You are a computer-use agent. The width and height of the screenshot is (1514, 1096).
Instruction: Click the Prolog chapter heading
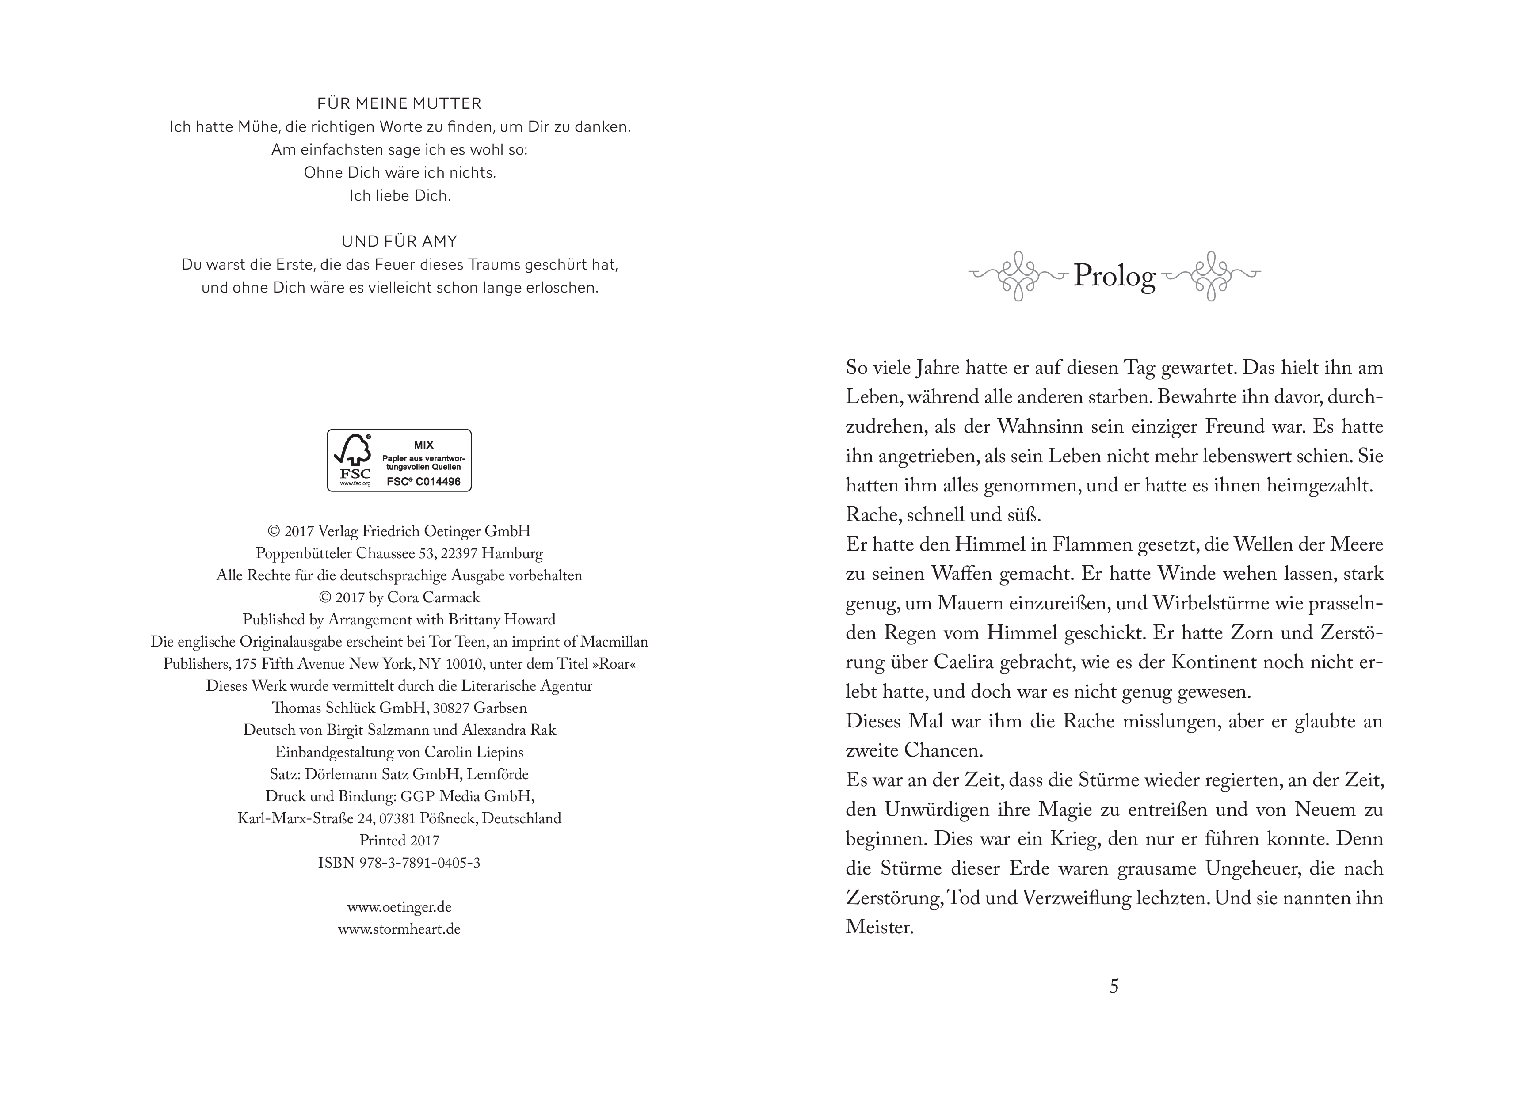(x=1114, y=276)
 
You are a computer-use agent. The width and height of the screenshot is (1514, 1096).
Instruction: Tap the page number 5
(x=1114, y=986)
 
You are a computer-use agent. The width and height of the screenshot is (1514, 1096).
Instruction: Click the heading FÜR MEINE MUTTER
(x=399, y=103)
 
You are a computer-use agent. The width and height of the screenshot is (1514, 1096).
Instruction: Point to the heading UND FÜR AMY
(x=399, y=241)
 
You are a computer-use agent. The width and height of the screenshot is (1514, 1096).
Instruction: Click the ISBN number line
(x=399, y=862)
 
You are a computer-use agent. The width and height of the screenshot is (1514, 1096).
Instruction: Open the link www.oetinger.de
(x=399, y=907)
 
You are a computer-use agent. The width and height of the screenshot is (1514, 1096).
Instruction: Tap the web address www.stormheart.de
(x=399, y=929)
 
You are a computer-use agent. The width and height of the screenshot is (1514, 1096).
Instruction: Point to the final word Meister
(x=879, y=927)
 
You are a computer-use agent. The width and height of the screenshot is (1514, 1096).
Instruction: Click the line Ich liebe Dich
(x=399, y=196)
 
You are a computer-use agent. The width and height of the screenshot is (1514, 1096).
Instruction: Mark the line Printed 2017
(x=399, y=841)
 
